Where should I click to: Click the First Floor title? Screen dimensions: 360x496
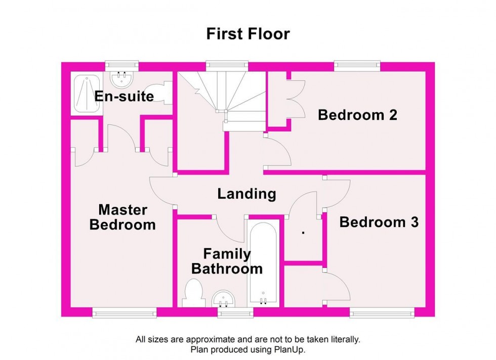248,34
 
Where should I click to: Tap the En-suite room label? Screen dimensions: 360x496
124,96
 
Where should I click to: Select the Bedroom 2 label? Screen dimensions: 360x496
357,115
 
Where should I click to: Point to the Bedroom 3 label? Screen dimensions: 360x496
379,222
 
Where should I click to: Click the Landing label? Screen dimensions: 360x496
246,194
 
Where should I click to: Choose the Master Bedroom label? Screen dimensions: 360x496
122,217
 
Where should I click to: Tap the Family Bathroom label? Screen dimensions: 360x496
227,261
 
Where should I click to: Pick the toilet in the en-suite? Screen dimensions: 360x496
162,94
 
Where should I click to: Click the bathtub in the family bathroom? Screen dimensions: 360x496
263,263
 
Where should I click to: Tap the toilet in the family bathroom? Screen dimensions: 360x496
193,295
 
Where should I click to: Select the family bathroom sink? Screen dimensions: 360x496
223,298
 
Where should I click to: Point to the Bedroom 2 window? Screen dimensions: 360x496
357,65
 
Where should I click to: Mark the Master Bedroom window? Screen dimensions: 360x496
125,313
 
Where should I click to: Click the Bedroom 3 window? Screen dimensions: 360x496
382,313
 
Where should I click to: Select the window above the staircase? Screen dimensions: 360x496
227,65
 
